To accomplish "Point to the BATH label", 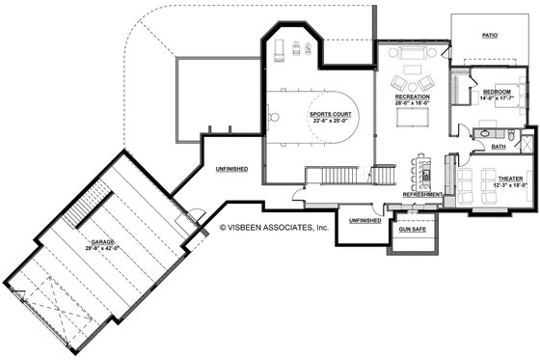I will click(x=499, y=147).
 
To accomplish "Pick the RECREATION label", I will click(x=412, y=97).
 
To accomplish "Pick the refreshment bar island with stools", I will click(x=416, y=171).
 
